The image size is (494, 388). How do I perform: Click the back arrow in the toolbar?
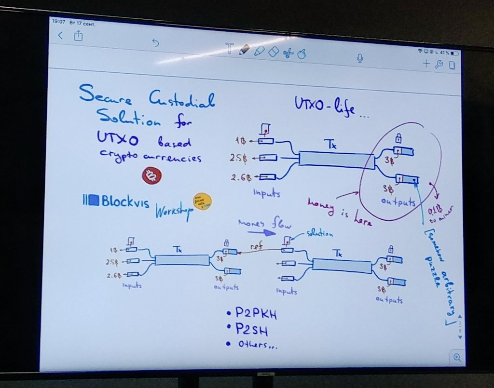[60, 35]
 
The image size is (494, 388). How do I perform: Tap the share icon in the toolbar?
[79, 36]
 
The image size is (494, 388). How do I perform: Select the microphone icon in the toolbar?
[359, 58]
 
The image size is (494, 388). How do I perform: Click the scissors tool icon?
[288, 53]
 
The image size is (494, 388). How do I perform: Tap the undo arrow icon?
[155, 43]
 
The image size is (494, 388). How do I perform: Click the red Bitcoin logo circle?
[152, 175]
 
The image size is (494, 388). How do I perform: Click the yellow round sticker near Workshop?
[202, 201]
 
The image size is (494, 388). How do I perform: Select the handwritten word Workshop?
[172, 211]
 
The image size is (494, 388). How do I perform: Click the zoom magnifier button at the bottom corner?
[456, 357]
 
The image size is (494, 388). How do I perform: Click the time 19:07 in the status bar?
[58, 22]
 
